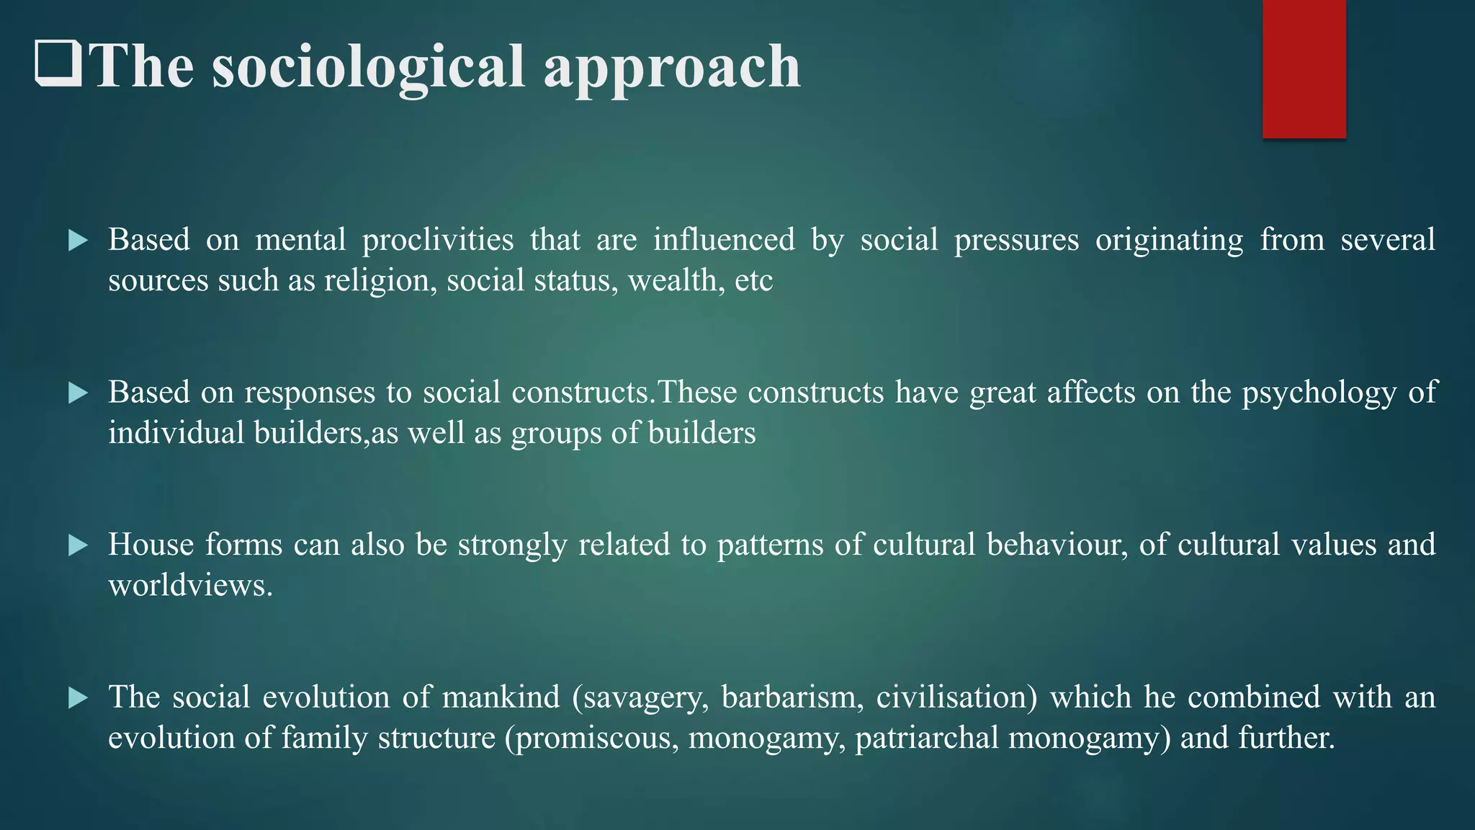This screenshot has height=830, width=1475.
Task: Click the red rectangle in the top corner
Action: point(1304,68)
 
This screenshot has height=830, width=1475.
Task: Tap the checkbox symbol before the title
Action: point(58,64)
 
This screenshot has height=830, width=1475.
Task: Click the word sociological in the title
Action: point(368,67)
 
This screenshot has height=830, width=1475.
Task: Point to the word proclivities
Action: point(438,240)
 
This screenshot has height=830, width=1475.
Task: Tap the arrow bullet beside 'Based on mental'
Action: point(78,241)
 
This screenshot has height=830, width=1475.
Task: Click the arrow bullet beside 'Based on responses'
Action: point(78,393)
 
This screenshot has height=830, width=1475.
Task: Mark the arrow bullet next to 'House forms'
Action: point(78,545)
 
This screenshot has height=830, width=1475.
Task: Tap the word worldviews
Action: point(190,585)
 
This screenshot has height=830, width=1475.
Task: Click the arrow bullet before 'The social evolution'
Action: point(78,697)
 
